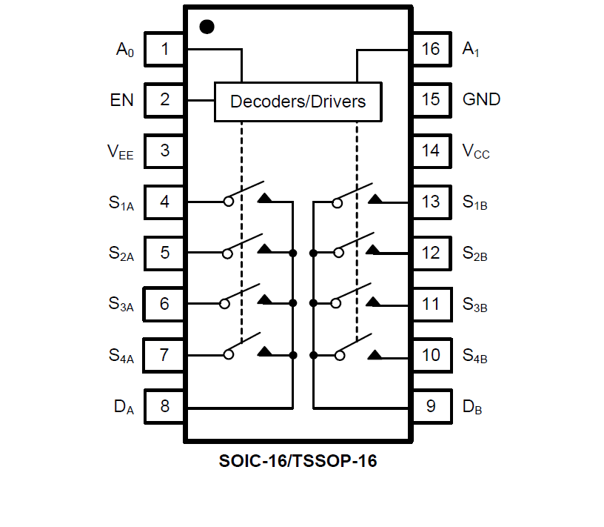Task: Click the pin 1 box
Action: [x=164, y=50]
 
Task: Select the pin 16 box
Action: [x=431, y=50]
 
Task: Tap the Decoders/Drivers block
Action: [x=298, y=102]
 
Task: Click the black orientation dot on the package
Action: [x=207, y=27]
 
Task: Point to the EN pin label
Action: [x=122, y=100]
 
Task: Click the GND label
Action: [x=481, y=100]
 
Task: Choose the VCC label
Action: [x=476, y=152]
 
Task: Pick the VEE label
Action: [x=121, y=152]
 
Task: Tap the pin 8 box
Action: [x=164, y=406]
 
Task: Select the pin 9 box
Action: [x=431, y=406]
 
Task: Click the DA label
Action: [x=124, y=407]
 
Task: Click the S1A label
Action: [x=121, y=203]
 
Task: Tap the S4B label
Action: [x=474, y=357]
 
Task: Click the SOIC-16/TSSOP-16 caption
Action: [x=298, y=461]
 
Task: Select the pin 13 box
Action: [x=431, y=202]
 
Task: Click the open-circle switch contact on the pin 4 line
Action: [x=229, y=202]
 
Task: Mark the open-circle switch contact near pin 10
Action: [x=339, y=355]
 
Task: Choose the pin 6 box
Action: [x=164, y=304]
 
